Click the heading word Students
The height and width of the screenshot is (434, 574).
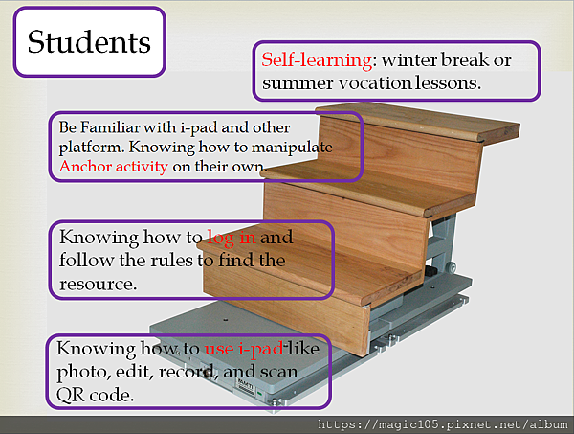[x=89, y=42]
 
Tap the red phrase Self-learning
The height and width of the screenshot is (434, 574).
[x=317, y=59]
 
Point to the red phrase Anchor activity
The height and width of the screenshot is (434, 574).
[x=114, y=167]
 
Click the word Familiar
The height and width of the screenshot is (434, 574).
[x=110, y=127]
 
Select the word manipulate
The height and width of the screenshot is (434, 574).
[x=292, y=148]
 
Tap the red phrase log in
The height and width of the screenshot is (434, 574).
[x=232, y=238]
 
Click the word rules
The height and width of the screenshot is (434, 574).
[x=171, y=261]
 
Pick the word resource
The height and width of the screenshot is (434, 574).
[x=99, y=285]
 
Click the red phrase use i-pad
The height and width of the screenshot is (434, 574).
[x=244, y=349]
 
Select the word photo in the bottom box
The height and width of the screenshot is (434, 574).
[x=84, y=373]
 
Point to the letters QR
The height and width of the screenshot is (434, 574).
[x=70, y=395]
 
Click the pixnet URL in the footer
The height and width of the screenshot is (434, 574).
[x=443, y=424]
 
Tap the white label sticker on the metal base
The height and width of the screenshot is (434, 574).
[x=246, y=386]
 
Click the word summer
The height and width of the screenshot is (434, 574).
[x=298, y=84]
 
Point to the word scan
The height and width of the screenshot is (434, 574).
[x=279, y=372]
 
